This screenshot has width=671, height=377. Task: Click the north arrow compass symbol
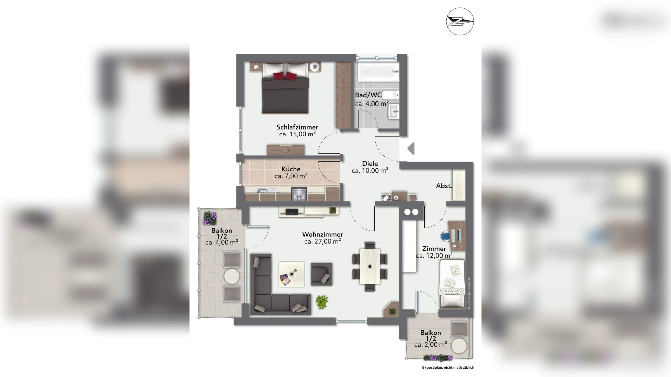click(460, 21)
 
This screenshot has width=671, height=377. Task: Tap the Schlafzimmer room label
click(297, 127)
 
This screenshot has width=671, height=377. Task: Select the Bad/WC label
click(368, 95)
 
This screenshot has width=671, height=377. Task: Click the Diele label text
click(370, 164)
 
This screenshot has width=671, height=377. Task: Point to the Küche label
click(291, 169)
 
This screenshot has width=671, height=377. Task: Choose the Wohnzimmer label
click(322, 234)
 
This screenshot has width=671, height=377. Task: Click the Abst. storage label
click(444, 186)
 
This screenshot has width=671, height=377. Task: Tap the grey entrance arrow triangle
click(411, 148)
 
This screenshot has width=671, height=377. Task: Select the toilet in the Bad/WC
click(391, 95)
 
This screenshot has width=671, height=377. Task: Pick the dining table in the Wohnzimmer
click(370, 266)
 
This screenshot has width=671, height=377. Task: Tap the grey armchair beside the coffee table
click(322, 274)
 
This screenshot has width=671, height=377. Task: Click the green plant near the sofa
click(322, 302)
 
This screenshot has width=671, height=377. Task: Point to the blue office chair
click(446, 236)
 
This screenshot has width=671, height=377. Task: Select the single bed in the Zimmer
click(452, 283)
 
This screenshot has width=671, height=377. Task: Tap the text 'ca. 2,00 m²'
click(431, 345)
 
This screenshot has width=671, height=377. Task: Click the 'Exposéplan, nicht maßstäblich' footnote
click(448, 368)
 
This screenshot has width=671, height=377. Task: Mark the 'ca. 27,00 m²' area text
click(322, 241)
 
